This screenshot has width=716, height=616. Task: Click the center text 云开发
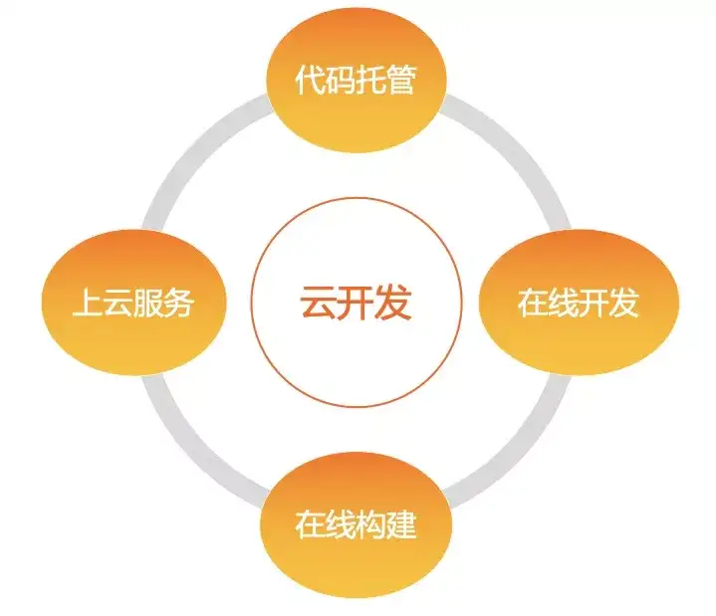click(x=356, y=303)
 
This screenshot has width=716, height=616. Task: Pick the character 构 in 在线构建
click(x=370, y=524)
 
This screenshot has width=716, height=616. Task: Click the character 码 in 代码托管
click(x=341, y=81)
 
